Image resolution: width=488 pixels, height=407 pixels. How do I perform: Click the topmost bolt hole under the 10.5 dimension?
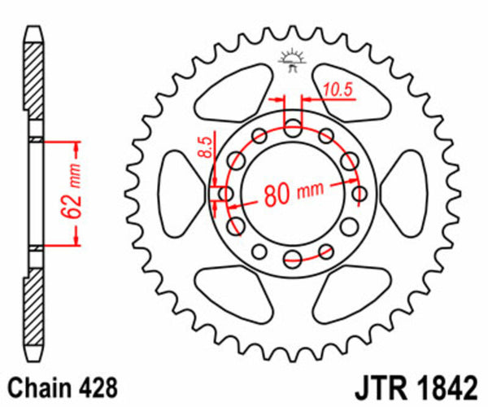(x=292, y=126)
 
